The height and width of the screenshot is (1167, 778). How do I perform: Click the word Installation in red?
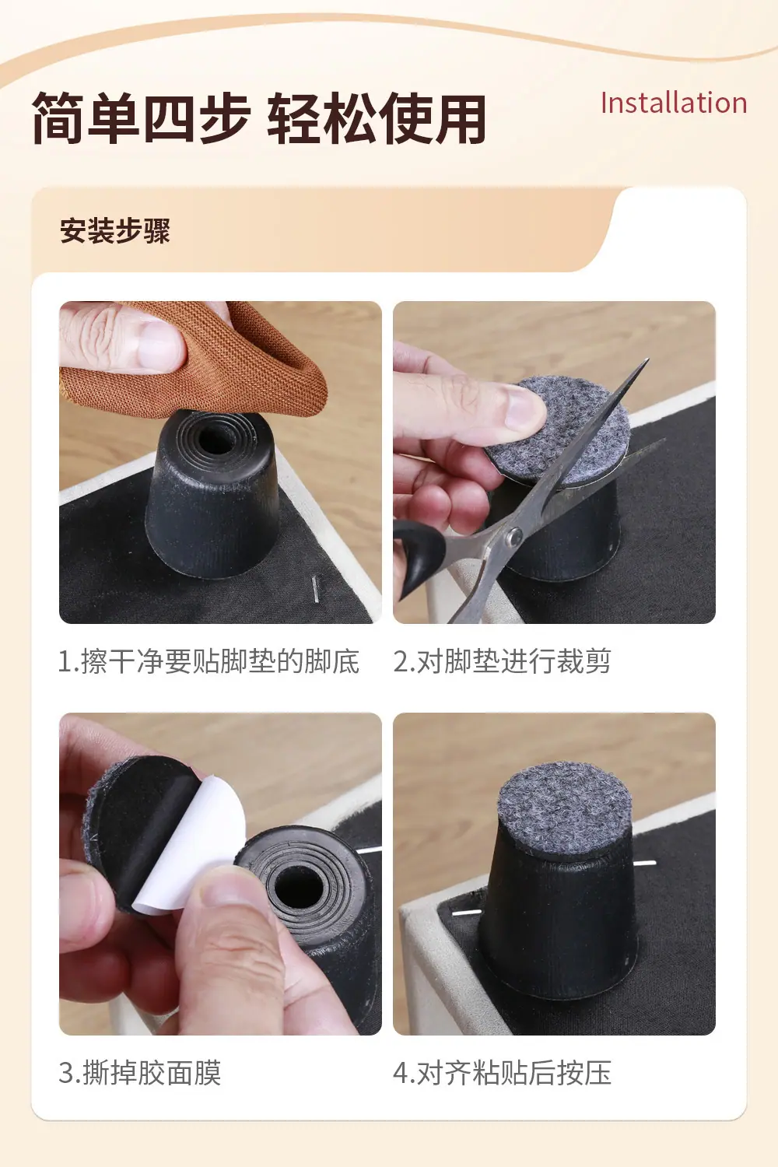tap(674, 103)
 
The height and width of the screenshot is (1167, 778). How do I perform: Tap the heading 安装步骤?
tap(115, 230)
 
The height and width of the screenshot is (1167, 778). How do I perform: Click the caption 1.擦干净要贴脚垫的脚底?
tap(209, 661)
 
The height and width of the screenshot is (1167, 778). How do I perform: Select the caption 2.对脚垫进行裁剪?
tap(501, 661)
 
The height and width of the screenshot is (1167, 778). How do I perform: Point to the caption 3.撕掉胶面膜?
tap(140, 1073)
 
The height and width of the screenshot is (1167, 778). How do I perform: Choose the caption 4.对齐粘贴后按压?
tap(502, 1073)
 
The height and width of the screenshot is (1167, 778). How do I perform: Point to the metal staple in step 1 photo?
tap(315, 589)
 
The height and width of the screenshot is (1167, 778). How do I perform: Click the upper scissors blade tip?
tap(648, 359)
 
